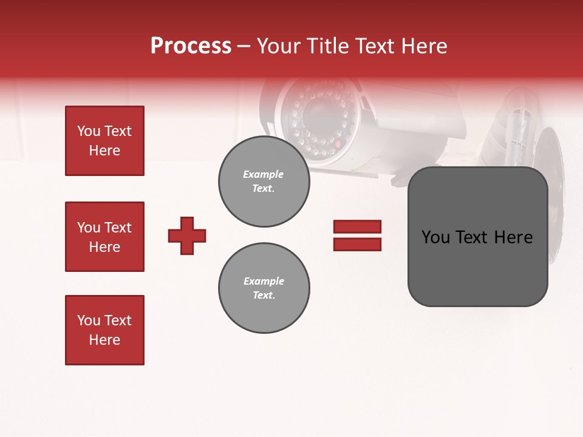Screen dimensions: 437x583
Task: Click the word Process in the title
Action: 191,46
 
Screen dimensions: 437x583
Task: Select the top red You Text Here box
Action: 104,141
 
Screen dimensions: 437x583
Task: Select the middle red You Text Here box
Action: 104,237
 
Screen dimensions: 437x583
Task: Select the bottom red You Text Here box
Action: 104,330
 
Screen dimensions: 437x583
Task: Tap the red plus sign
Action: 187,235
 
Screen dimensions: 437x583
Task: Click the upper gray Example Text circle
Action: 264,181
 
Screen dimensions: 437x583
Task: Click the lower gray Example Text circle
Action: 264,288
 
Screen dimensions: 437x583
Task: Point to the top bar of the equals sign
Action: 357,226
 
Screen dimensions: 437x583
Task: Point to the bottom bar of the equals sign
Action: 357,245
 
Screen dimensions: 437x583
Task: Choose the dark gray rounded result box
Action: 477,237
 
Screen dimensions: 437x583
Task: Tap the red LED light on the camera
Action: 338,145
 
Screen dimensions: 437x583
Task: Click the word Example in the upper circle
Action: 264,174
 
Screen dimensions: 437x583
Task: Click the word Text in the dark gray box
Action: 474,237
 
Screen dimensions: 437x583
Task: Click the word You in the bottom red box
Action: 88,320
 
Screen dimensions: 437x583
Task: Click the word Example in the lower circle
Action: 264,281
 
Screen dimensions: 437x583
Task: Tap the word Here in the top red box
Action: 104,151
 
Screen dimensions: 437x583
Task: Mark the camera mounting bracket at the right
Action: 516,127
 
